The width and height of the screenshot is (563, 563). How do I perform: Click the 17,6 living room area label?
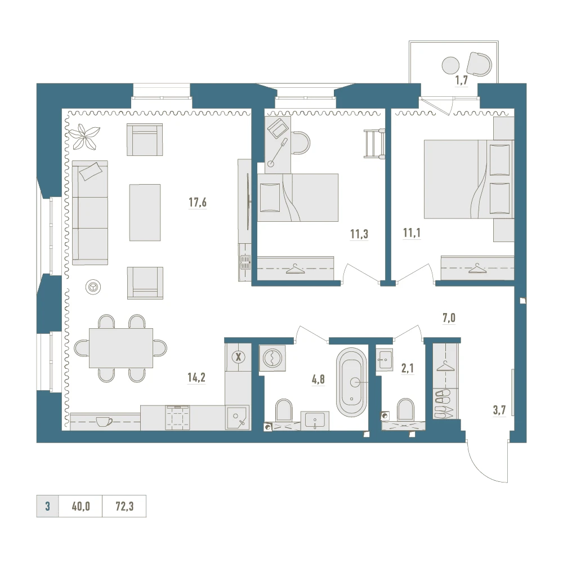pos(198,203)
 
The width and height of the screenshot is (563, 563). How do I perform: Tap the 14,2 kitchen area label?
pos(196,377)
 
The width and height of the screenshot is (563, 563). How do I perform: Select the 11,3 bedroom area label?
pos(359,234)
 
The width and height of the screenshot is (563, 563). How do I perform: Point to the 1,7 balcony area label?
pos(462,81)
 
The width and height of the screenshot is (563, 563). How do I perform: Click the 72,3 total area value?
pos(124,506)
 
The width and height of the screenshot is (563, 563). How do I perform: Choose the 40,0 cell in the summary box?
pos(81,506)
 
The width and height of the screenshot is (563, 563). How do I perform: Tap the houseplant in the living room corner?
pos(84,136)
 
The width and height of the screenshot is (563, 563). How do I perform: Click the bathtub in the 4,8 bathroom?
pos(351,382)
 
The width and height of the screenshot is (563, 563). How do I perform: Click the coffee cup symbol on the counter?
pos(104,421)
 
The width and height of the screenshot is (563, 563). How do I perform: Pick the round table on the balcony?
pos(450,66)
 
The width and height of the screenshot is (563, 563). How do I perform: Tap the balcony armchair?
pos(479,64)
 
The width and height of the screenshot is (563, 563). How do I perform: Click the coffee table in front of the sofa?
pos(145,213)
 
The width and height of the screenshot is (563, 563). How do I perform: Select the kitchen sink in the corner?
pos(237,418)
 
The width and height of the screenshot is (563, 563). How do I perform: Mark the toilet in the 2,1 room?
pos(406,409)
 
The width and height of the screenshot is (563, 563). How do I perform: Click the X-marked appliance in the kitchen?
pos(238,358)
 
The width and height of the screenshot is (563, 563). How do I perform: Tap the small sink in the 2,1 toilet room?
pos(384,359)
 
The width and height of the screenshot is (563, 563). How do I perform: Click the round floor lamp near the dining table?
pos(93,287)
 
